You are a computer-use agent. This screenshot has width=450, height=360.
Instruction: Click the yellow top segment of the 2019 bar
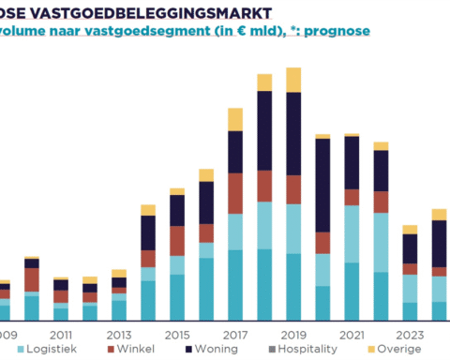coord(293,80)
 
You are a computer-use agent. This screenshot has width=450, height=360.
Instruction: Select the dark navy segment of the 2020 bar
coord(322,184)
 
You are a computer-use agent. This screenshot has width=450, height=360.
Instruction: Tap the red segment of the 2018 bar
coord(264,186)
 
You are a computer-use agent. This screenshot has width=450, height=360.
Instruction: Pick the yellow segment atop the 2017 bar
coord(235,119)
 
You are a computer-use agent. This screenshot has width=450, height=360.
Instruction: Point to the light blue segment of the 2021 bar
coord(352,233)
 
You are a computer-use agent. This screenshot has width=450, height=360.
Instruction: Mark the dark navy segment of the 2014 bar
coord(148,232)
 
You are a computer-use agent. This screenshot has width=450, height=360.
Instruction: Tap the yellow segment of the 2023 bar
coord(410,230)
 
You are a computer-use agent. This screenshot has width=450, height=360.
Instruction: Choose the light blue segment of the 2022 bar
coord(381,242)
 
